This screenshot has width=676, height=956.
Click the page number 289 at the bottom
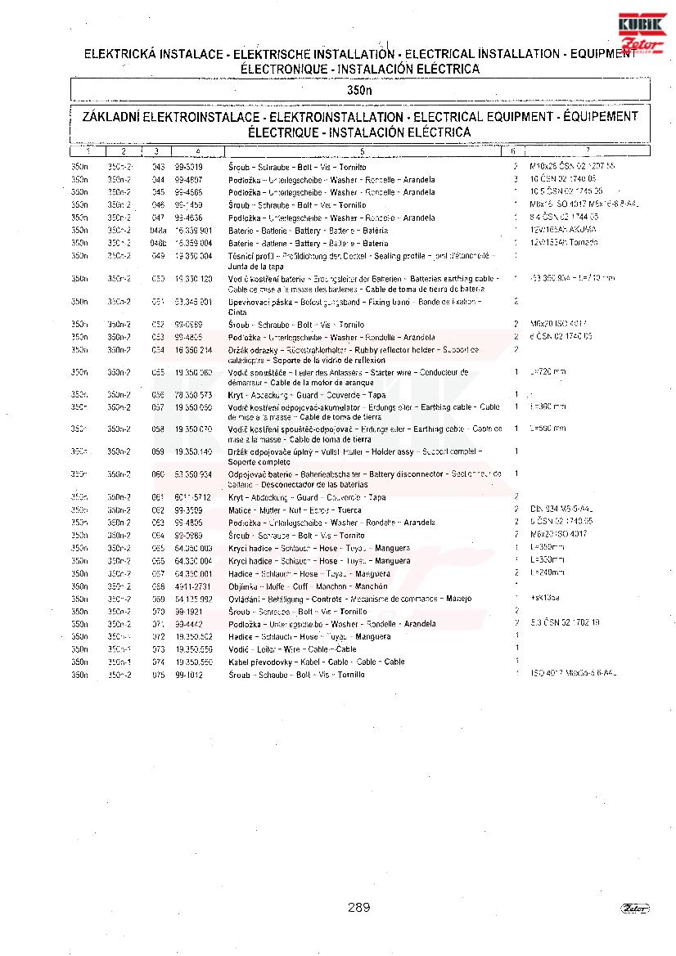pyautogui.click(x=358, y=907)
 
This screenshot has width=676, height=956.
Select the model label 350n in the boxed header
pyautogui.click(x=359, y=89)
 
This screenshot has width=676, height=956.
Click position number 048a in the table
pyautogui.click(x=159, y=230)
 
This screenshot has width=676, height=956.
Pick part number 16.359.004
pyautogui.click(x=193, y=243)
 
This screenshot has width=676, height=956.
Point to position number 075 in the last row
pyautogui.click(x=158, y=675)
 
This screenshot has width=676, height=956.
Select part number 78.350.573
pyautogui.click(x=193, y=395)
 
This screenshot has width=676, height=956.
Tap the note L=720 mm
pyautogui.click(x=548, y=372)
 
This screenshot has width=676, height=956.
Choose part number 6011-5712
pyautogui.click(x=192, y=497)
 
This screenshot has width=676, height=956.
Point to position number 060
pyautogui.click(x=158, y=474)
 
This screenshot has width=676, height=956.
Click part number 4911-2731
pyautogui.click(x=192, y=586)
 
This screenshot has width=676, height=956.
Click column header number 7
pyautogui.click(x=587, y=151)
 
